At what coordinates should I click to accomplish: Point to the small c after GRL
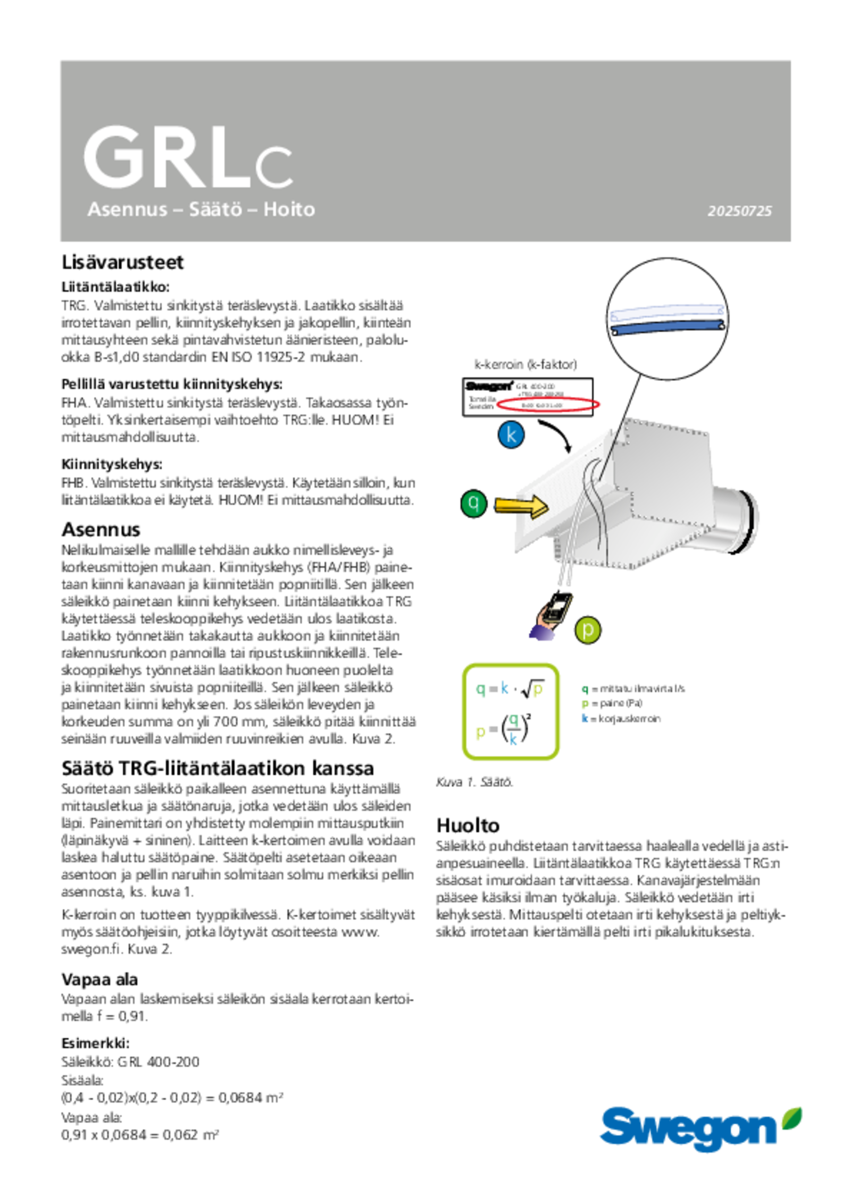(x=273, y=168)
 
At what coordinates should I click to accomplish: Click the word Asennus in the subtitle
(x=128, y=210)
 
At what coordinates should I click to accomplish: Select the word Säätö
(x=215, y=209)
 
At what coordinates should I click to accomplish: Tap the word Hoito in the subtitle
(x=289, y=209)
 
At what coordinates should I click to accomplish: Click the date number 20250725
(x=739, y=211)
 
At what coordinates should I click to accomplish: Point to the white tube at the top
(x=666, y=312)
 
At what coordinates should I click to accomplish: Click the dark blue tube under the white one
(x=666, y=326)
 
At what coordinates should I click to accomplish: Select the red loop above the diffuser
(x=548, y=404)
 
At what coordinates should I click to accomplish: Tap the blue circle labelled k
(x=511, y=434)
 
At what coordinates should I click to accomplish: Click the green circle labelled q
(x=473, y=503)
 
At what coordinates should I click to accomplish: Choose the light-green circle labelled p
(x=588, y=630)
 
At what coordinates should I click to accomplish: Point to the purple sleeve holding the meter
(x=541, y=634)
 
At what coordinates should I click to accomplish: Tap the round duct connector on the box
(x=737, y=520)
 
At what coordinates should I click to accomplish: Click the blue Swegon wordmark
(x=689, y=1128)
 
